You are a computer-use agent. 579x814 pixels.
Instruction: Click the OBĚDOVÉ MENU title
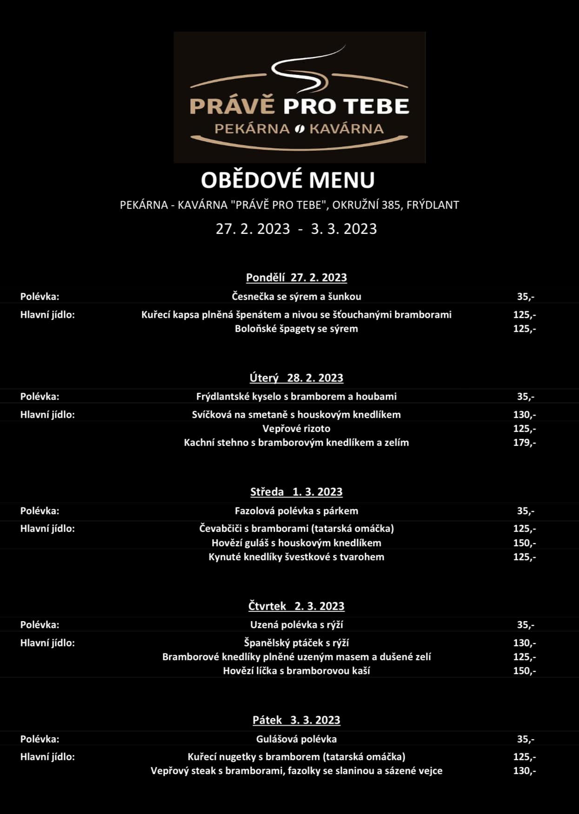287,180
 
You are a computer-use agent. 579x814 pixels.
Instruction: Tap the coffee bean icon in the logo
299,129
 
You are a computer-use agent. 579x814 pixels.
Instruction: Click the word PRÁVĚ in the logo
232,106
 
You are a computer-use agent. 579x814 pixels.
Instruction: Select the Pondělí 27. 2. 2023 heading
296,278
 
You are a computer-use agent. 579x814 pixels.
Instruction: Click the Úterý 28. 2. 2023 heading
296,378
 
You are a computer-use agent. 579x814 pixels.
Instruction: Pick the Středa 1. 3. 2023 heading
296,492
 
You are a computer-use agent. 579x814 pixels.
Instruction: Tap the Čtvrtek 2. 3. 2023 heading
296,606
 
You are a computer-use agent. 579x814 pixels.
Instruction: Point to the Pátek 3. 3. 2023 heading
296,720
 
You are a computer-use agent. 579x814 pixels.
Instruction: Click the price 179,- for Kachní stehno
525,443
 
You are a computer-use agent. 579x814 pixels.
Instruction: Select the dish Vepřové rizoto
296,429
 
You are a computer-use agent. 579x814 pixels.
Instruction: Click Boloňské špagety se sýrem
296,329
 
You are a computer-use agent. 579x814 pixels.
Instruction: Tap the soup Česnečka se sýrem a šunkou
296,297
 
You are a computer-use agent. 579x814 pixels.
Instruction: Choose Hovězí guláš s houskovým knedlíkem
296,543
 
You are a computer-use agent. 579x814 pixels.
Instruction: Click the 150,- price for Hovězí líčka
525,671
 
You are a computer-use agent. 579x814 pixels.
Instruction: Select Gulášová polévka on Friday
296,739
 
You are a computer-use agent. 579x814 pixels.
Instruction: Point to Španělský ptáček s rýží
296,643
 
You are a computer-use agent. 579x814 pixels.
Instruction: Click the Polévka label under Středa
40,511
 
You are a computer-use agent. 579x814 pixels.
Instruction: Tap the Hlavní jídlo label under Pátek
47,757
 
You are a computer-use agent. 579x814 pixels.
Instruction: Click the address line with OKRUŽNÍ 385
289,205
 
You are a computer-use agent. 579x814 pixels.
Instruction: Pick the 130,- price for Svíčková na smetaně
525,415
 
